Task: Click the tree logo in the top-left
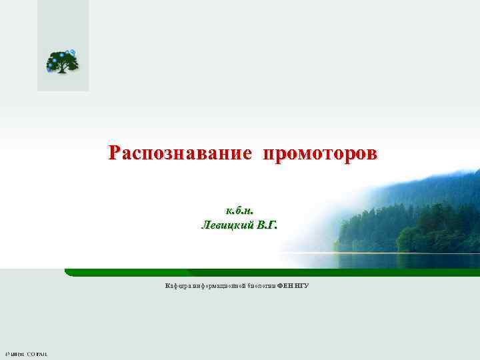click(x=62, y=62)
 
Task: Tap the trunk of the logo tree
click(x=65, y=69)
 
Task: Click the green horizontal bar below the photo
click(x=267, y=272)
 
